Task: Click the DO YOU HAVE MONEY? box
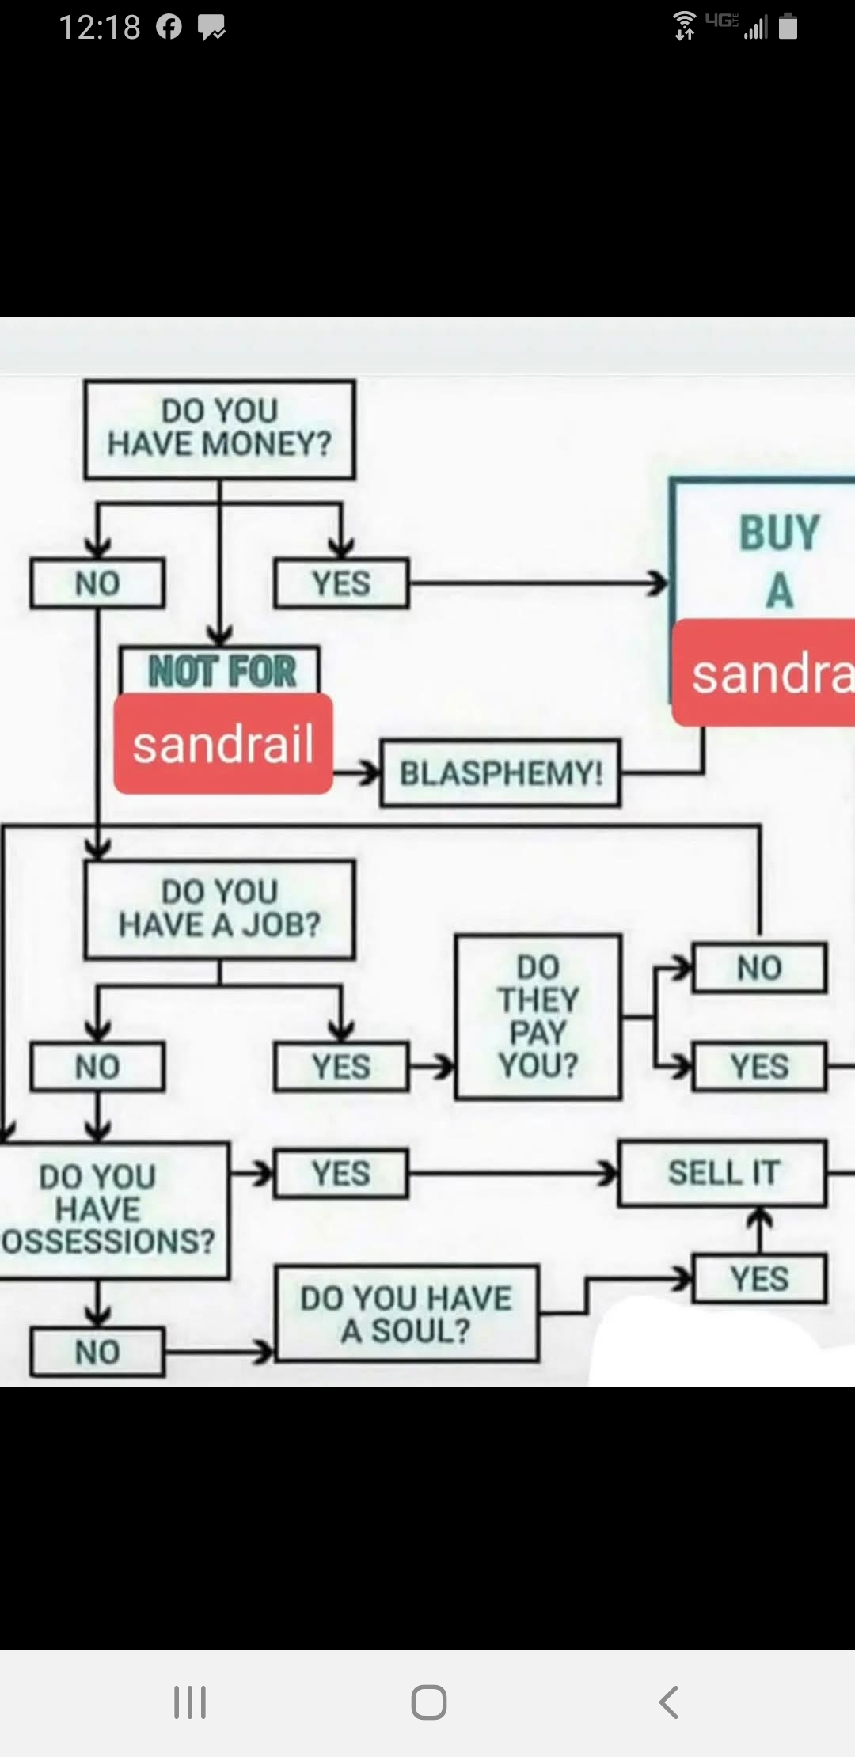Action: [x=219, y=430]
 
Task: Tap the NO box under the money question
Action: [x=97, y=583]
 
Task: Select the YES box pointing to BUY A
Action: [x=341, y=583]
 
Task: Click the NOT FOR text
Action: [x=222, y=671]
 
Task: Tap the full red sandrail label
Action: [x=223, y=744]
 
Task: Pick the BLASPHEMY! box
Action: [x=500, y=773]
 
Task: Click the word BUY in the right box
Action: [x=779, y=533]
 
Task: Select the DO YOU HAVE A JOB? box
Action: [x=219, y=909]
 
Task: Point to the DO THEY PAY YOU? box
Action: [x=538, y=1017]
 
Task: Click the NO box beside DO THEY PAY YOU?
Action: [x=759, y=968]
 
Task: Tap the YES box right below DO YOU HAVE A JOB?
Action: [x=341, y=1067]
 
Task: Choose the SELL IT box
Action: [x=723, y=1173]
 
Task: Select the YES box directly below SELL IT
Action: [x=759, y=1278]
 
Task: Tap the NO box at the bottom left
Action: [x=97, y=1353]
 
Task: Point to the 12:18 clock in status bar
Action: [x=100, y=28]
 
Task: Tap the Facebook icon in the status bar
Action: [x=169, y=28]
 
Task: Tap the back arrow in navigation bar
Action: [x=669, y=1702]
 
